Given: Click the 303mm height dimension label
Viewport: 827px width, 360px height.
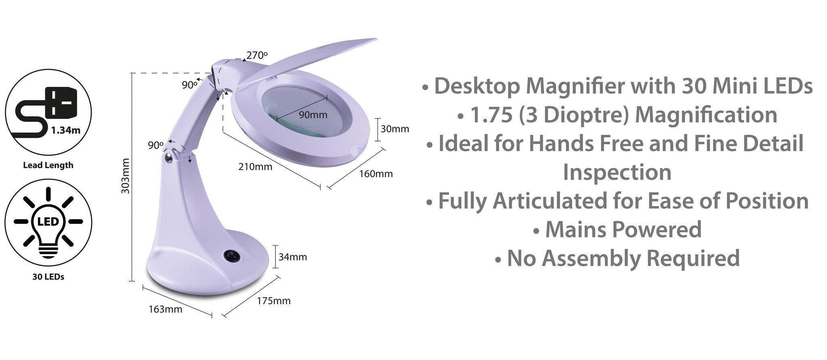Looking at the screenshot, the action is pos(126,176).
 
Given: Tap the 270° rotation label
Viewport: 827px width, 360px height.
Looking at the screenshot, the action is pos(257,55).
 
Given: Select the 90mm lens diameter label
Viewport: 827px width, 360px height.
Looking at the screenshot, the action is pos(313,115).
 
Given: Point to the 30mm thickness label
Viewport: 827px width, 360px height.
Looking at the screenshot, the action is pos(395,129).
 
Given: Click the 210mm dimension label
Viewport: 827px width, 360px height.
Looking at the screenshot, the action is pos(255,166).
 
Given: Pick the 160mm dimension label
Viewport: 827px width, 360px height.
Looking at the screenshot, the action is pos(376,174).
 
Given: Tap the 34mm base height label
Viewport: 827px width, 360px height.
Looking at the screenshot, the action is pos(293,257).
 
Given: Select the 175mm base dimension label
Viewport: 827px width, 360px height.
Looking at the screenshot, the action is pos(274,301).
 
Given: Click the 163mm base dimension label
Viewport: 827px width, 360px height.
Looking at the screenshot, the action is pos(166,309).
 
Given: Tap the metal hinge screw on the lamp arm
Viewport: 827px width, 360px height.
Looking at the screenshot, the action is pos(168,158).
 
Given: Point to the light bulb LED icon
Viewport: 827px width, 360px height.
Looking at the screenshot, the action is pos(48,222).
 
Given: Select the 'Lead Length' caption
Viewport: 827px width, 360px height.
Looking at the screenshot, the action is pos(48,165).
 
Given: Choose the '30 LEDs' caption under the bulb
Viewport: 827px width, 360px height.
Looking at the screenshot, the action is pos(48,277).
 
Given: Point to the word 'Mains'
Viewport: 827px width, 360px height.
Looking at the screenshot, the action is pos(575,229).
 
